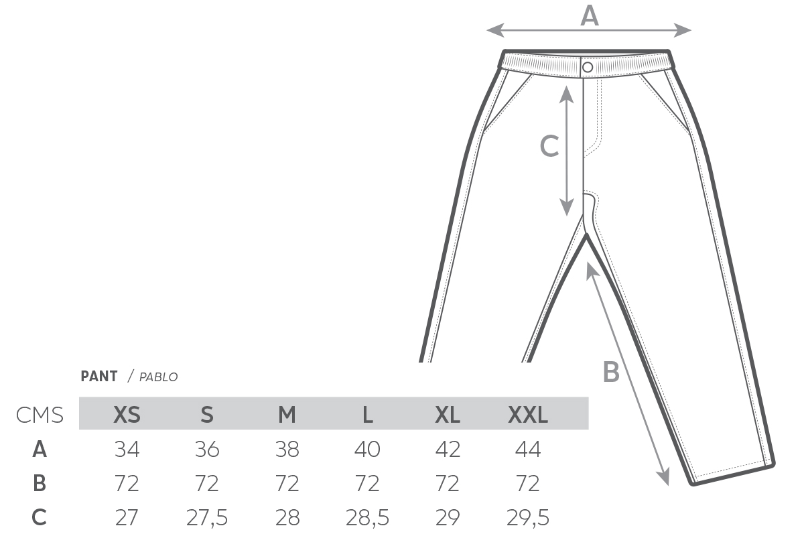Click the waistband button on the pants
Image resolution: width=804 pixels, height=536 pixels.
point(588,67)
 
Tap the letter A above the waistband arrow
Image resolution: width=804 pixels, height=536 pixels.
point(590,16)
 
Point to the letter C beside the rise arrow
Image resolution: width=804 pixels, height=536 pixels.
point(549,146)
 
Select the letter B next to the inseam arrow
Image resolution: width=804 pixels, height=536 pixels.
point(611,372)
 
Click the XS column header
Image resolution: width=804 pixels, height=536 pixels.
point(127,415)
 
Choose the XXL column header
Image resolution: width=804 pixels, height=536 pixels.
point(528,415)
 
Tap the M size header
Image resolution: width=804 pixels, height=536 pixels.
point(287,415)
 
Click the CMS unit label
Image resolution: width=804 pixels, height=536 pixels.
point(40,415)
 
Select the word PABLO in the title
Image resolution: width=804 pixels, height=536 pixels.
point(158,377)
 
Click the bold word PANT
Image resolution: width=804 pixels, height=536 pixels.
point(99,377)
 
